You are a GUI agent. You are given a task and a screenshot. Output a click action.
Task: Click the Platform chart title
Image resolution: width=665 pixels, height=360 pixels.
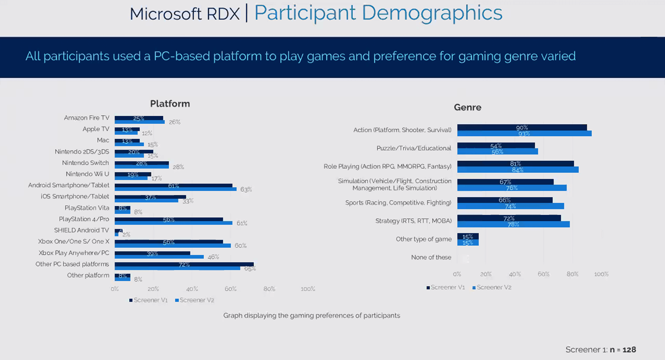(x=170, y=104)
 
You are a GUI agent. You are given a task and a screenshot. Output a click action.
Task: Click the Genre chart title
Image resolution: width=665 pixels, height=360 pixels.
(x=467, y=107)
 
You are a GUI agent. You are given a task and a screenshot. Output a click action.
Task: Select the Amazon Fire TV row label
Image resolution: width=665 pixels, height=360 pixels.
(x=87, y=118)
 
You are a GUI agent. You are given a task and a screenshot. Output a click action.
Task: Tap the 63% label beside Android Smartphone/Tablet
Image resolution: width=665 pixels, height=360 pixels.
(x=246, y=189)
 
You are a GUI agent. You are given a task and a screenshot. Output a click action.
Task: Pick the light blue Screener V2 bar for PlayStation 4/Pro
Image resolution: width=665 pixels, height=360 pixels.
(x=173, y=223)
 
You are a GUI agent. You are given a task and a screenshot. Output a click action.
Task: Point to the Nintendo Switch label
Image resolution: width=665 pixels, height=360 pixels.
(x=85, y=163)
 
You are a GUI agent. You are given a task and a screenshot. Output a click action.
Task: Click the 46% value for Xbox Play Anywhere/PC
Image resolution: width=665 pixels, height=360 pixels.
(x=213, y=257)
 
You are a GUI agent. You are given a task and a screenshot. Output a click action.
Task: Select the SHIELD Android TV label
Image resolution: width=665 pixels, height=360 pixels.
(x=82, y=230)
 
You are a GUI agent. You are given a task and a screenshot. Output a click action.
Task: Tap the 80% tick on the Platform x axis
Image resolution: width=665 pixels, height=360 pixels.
(x=269, y=289)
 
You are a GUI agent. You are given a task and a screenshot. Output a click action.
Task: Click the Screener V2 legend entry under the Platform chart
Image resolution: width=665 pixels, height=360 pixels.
(x=195, y=300)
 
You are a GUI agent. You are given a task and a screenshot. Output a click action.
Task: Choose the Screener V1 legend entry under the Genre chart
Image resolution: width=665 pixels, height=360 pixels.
(x=446, y=287)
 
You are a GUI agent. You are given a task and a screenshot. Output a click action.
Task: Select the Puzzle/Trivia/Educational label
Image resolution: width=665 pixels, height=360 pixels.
(x=413, y=148)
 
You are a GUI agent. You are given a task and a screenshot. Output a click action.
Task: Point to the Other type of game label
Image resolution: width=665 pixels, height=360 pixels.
(x=423, y=239)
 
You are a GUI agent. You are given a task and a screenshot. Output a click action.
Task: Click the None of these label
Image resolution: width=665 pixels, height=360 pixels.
(x=431, y=257)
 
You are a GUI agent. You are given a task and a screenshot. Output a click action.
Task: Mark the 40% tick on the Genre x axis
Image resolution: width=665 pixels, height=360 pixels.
(x=515, y=274)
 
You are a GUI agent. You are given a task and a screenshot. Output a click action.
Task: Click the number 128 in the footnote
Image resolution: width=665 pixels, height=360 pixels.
(x=629, y=350)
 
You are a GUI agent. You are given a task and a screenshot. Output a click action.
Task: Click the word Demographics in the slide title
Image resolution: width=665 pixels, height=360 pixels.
(x=432, y=13)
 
